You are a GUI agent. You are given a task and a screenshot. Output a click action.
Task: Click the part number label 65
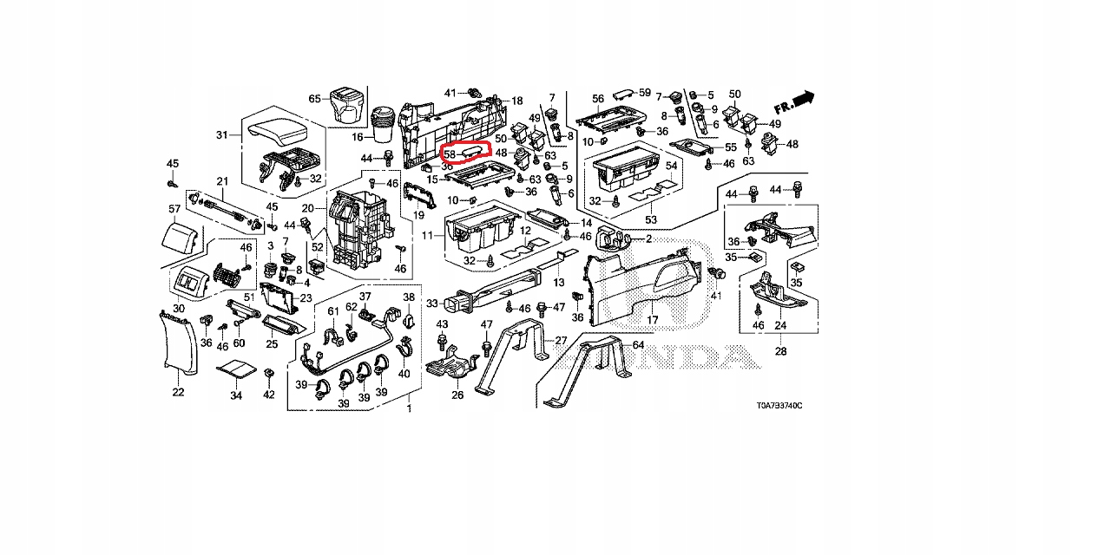(x=314, y=99)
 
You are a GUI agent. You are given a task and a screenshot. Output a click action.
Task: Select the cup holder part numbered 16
(x=384, y=124)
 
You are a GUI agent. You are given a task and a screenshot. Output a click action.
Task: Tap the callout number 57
(x=174, y=209)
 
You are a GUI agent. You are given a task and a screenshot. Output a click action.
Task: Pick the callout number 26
(x=457, y=395)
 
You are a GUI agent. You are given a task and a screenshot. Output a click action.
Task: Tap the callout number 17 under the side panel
(x=652, y=320)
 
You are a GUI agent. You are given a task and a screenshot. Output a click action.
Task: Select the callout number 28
(x=780, y=351)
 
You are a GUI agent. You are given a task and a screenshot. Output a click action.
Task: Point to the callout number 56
(x=598, y=99)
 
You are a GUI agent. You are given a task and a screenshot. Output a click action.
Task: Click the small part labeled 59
(x=623, y=91)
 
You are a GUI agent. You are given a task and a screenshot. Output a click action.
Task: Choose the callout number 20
(x=307, y=208)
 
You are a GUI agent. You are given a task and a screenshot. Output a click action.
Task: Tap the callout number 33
(x=432, y=303)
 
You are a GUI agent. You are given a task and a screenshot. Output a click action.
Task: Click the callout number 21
(x=221, y=180)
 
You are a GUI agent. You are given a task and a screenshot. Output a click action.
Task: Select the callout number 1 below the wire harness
(x=409, y=408)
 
